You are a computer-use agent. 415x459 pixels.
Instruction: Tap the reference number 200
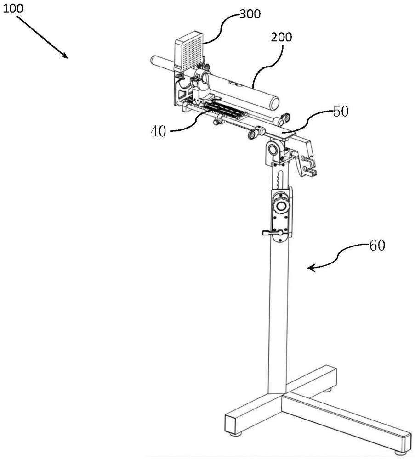pyautogui.click(x=281, y=38)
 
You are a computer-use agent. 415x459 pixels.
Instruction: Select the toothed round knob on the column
pyautogui.click(x=280, y=206)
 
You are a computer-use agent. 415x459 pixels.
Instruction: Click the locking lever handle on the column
pyautogui.click(x=269, y=233)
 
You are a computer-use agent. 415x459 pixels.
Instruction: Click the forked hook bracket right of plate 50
pyautogui.click(x=308, y=165)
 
